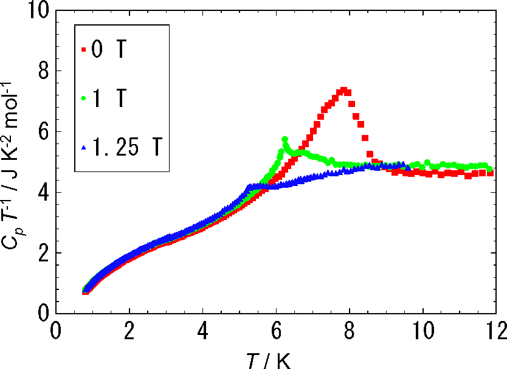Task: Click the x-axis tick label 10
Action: coord(422,333)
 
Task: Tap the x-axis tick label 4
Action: coord(202,333)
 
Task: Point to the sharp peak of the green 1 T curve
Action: coord(285,139)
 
